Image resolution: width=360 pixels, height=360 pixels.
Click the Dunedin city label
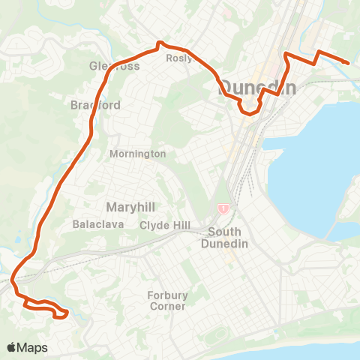tap(257, 87)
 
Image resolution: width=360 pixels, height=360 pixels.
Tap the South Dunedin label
tap(224, 237)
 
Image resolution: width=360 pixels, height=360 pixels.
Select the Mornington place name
tap(137, 154)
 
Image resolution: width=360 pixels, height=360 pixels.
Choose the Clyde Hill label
tap(163, 225)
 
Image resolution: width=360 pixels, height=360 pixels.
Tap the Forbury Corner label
tap(166, 301)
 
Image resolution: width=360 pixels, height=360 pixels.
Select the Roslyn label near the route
tap(179, 58)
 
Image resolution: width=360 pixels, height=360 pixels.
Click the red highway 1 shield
tap(223, 208)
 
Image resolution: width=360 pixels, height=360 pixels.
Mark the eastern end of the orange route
tap(349, 63)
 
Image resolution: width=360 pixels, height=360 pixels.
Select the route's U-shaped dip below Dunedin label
tap(248, 113)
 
